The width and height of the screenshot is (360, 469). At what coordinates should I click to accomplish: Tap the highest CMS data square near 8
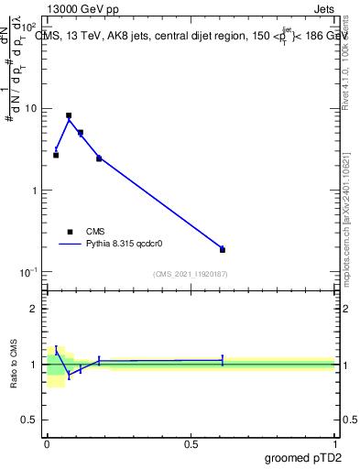click(69, 116)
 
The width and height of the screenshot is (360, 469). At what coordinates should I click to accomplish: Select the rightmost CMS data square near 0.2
click(223, 249)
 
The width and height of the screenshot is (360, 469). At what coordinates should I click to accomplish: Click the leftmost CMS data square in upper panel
click(56, 155)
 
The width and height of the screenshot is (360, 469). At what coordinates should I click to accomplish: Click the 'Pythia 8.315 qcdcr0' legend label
click(125, 245)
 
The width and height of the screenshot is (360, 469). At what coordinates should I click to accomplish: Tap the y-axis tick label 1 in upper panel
click(38, 191)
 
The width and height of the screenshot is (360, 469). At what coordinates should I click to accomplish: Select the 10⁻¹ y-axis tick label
click(31, 272)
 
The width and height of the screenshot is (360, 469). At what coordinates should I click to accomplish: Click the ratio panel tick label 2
click(38, 309)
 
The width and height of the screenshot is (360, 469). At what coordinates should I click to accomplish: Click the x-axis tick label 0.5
click(191, 445)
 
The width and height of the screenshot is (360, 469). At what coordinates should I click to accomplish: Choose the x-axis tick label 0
click(47, 445)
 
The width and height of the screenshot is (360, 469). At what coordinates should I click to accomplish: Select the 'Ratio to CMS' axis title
click(14, 364)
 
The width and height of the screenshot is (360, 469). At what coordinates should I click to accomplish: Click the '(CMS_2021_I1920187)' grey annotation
click(190, 274)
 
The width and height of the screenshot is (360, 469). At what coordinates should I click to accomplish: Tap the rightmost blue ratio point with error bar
click(223, 361)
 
